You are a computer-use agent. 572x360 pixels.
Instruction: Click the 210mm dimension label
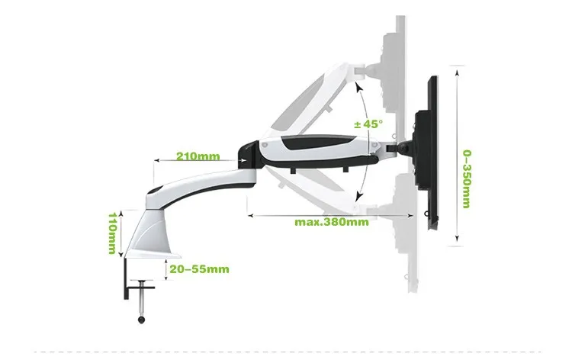198,157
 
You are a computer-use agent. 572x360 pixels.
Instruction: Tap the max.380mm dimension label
332,223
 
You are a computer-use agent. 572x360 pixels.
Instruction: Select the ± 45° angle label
369,123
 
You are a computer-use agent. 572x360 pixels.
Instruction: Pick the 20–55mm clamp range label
198,268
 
